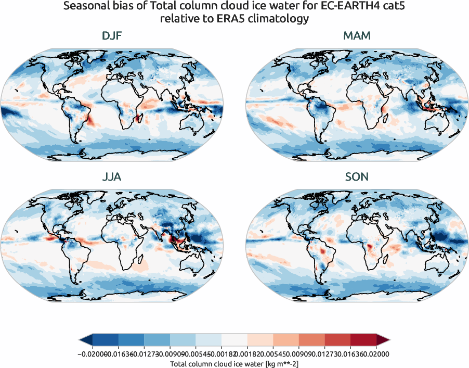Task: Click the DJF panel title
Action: pos(112,36)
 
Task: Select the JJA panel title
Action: pos(112,176)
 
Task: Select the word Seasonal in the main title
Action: pos(86,7)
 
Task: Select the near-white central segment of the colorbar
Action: pos(234,340)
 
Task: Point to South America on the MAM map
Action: pos(323,115)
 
